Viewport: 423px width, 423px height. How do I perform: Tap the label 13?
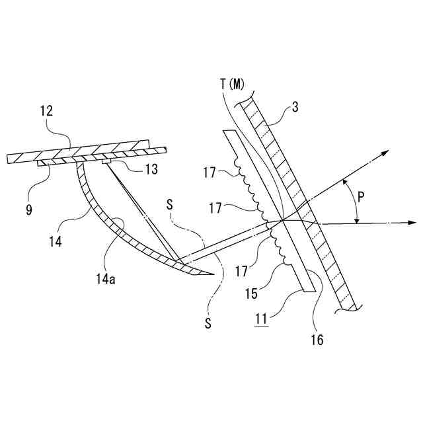pos(151,170)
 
